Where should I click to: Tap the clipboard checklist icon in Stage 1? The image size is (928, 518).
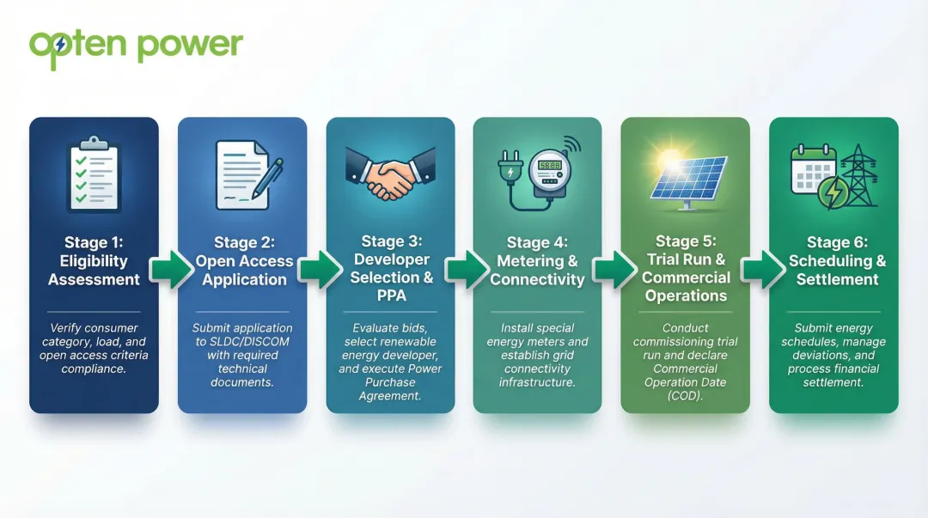[x=94, y=174]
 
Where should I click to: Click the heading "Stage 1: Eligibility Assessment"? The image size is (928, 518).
[x=94, y=261]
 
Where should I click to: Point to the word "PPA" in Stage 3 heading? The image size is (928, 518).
[x=391, y=295]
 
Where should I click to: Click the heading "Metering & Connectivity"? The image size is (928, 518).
[x=538, y=270]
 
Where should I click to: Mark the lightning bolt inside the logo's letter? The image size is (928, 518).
[x=60, y=46]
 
